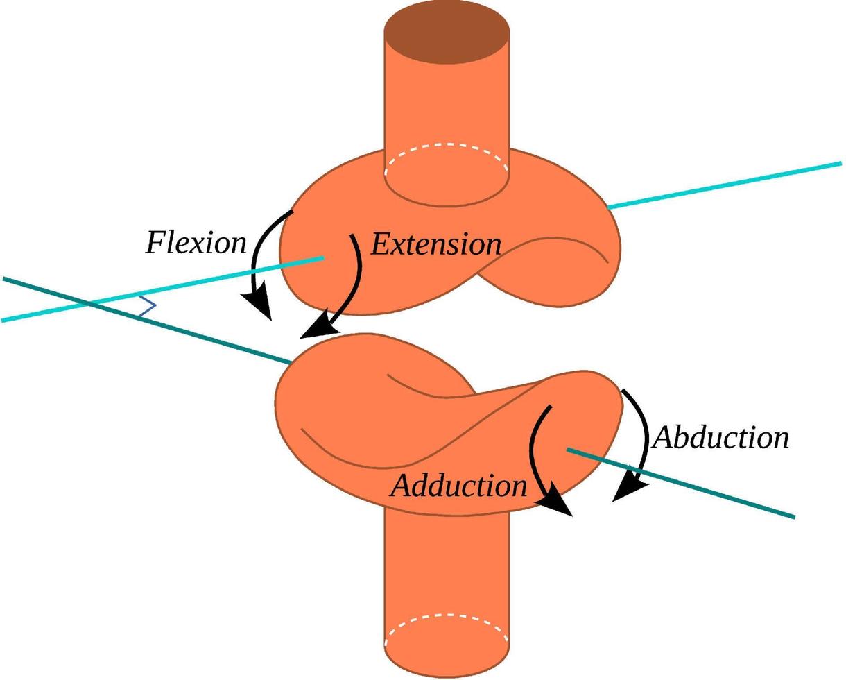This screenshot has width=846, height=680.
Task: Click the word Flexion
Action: click(196, 244)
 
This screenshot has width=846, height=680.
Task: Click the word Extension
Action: click(436, 244)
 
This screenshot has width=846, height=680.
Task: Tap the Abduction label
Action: click(720, 438)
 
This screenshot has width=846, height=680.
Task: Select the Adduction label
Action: click(459, 486)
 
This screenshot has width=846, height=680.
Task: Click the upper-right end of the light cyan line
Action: click(840, 164)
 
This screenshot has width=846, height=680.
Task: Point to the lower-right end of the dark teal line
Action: click(793, 516)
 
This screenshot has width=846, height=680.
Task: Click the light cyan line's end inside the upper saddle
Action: click(322, 258)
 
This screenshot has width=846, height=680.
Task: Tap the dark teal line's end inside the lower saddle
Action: click(569, 450)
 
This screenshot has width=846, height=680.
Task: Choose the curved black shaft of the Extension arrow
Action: click(358, 278)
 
